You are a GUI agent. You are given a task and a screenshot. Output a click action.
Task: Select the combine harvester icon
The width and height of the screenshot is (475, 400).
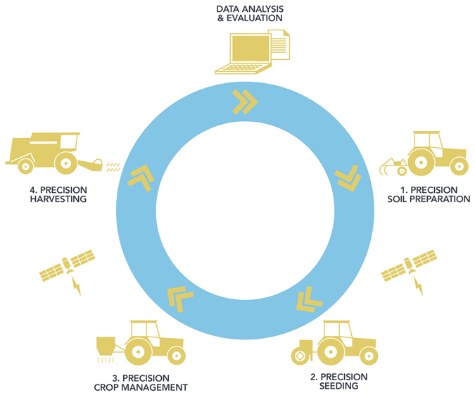click(51, 153)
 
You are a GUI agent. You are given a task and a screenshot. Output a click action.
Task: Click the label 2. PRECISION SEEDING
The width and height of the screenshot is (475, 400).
click(338, 381)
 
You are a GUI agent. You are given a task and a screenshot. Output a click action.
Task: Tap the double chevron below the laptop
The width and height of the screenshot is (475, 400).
click(244, 102)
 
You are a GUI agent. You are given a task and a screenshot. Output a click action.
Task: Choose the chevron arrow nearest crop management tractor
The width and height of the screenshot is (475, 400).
click(179, 299)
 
